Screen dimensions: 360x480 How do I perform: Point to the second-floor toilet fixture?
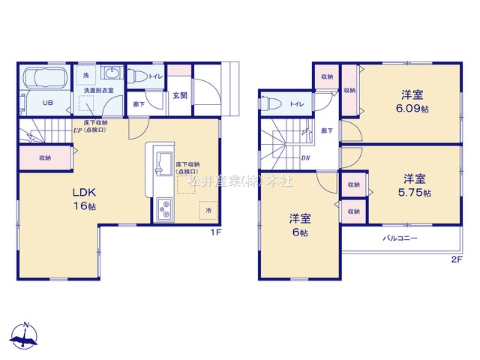(273, 103)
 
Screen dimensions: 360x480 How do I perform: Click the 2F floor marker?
(457, 259)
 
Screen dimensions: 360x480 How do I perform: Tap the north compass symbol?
(26, 337)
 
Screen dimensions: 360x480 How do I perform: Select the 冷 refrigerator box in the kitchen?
(208, 211)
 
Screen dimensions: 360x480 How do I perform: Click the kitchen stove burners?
(164, 209)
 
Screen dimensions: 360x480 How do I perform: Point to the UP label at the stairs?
(77, 130)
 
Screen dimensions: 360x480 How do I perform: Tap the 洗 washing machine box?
(85, 75)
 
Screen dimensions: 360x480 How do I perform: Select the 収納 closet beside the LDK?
(46, 157)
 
